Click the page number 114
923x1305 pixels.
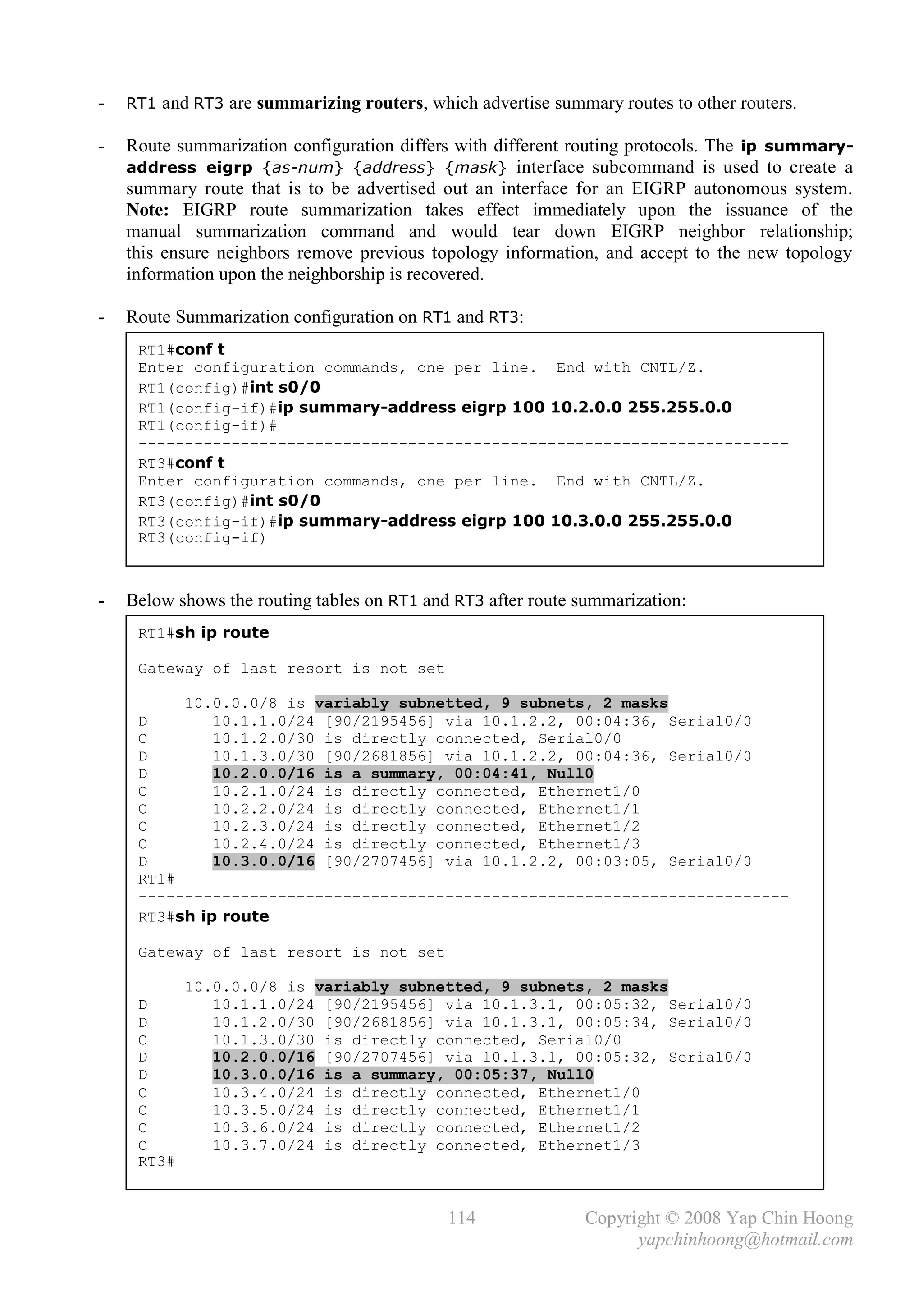[461, 1218]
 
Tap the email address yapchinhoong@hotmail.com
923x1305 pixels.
[745, 1240]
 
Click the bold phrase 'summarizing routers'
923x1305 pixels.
[339, 103]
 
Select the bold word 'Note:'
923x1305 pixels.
[147, 211]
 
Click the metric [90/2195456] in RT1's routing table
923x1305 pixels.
[379, 722]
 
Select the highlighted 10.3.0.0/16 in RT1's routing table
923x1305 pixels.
[263, 862]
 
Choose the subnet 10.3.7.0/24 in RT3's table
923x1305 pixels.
[263, 1146]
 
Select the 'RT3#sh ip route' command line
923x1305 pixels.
[203, 917]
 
